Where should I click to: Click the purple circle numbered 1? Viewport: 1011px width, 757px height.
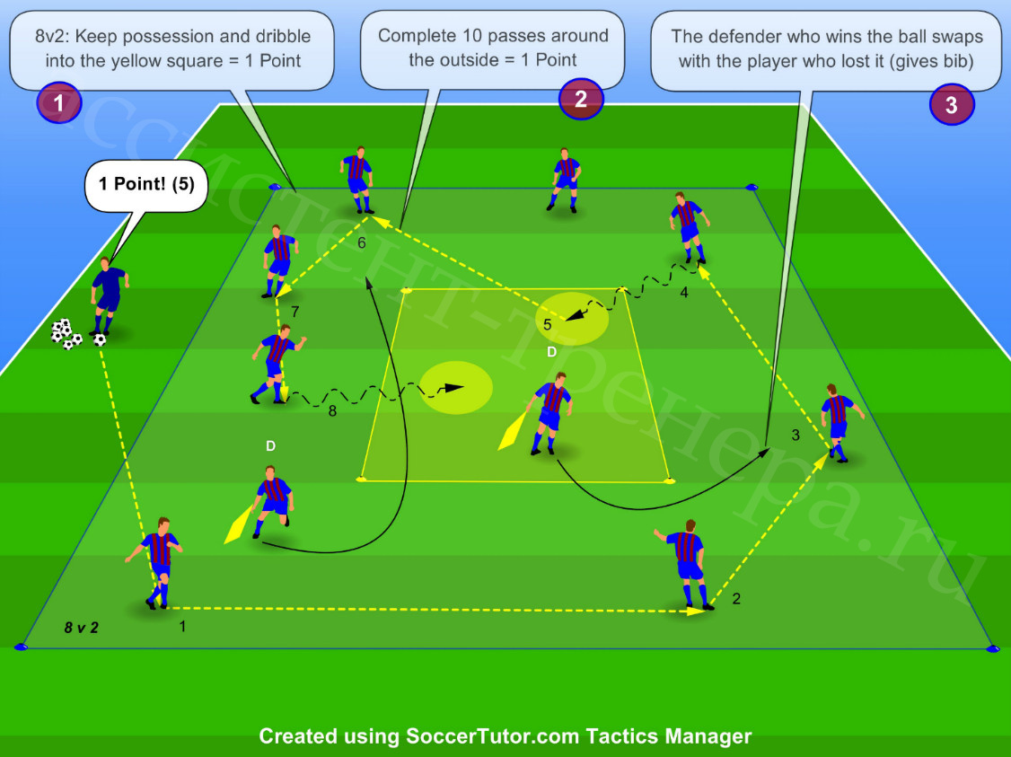tap(58, 102)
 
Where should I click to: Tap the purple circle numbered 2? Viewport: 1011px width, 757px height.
tap(581, 99)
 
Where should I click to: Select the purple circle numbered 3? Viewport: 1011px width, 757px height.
tap(952, 104)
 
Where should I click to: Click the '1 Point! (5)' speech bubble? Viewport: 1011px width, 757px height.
tap(146, 185)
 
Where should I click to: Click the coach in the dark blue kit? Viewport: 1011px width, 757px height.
tap(109, 296)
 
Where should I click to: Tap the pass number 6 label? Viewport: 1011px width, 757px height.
tap(362, 243)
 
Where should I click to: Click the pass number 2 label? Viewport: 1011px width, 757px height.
tap(736, 599)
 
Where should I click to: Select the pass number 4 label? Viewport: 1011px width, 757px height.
tap(684, 293)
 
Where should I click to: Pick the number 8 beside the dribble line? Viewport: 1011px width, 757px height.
tap(332, 410)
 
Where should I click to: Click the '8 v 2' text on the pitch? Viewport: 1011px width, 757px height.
tap(81, 628)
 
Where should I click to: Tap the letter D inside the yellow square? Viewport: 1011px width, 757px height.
tap(551, 351)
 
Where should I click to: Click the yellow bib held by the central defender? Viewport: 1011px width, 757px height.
tap(513, 431)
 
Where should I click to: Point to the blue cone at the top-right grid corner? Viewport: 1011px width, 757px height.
tap(752, 187)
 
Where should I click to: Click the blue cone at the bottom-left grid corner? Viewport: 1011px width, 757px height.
tap(21, 646)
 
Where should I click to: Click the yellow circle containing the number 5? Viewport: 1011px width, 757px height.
tap(572, 318)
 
